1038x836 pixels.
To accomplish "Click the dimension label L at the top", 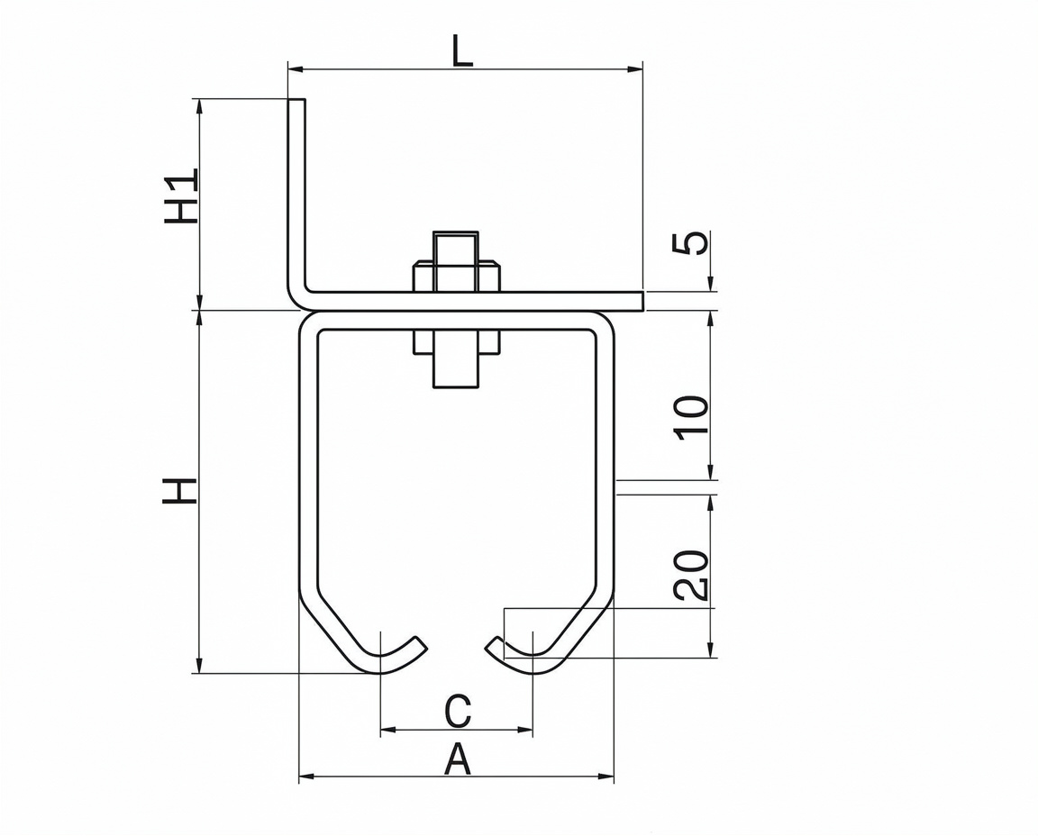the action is (x=463, y=50).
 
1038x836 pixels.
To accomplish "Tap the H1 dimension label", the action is (x=181, y=195).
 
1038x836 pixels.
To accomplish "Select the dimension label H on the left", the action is (x=179, y=490).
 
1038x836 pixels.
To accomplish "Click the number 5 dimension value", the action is (x=690, y=243).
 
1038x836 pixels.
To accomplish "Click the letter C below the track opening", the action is (x=458, y=711).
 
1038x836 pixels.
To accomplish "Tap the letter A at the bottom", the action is (x=457, y=759).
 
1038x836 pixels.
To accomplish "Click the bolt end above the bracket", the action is (x=455, y=249).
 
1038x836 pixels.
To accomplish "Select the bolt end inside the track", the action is (x=455, y=370).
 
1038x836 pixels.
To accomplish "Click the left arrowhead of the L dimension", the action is (x=296, y=68).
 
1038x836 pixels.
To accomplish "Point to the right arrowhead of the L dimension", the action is (x=635, y=68).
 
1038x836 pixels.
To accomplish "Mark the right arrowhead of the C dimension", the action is (x=525, y=730).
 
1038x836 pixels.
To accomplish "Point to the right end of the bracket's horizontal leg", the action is (x=642, y=301).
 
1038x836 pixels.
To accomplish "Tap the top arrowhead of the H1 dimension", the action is (x=199, y=106).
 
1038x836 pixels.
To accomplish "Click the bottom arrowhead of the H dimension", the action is (x=199, y=666).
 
